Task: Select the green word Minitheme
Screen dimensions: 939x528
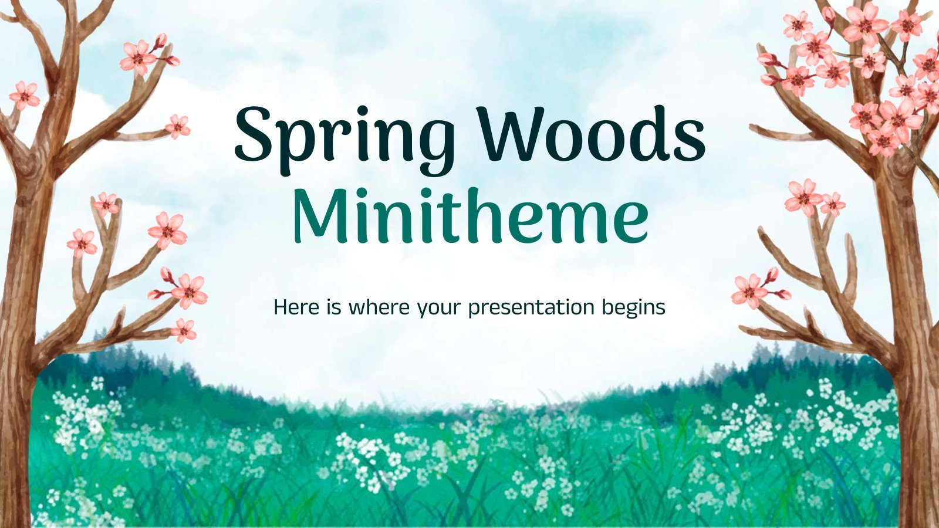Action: point(470,216)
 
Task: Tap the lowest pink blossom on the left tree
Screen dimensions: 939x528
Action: point(184,330)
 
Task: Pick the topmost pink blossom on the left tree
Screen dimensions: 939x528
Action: point(139,57)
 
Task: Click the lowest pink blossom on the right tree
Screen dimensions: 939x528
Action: point(749,291)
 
